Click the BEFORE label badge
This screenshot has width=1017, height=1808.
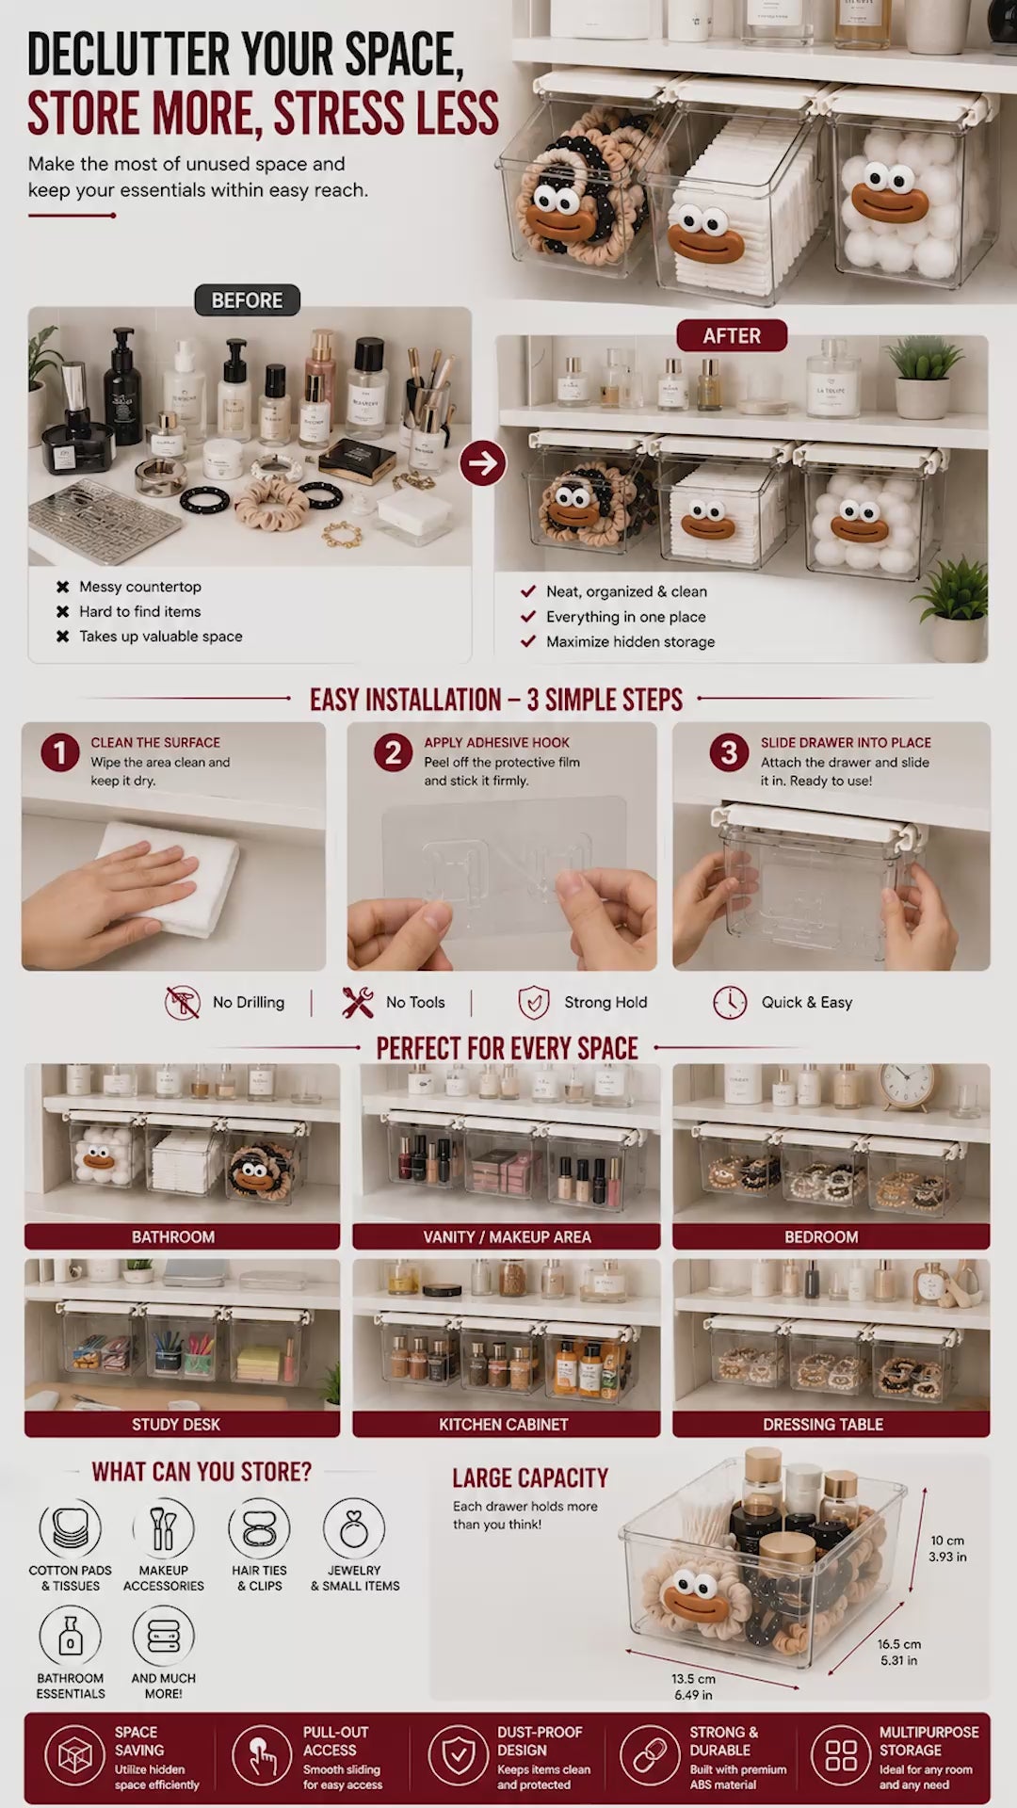(247, 300)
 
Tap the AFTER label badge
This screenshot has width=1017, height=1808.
(732, 335)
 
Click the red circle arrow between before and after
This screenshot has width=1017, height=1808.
(483, 462)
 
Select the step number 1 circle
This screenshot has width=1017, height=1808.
(59, 752)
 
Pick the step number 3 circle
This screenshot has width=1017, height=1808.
(729, 752)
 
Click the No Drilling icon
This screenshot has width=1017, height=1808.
(183, 1003)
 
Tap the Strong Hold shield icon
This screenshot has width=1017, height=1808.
(534, 1003)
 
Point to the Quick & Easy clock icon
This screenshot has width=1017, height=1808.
(730, 1003)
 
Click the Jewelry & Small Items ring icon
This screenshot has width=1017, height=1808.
(354, 1528)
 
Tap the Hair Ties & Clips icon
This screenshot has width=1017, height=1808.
(259, 1528)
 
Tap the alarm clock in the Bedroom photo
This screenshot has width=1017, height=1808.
(908, 1088)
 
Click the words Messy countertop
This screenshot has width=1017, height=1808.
(140, 587)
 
